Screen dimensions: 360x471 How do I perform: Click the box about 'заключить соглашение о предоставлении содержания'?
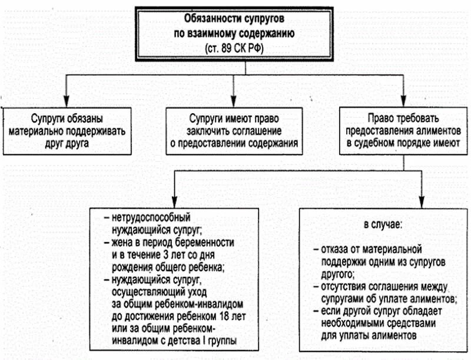coord(235,130)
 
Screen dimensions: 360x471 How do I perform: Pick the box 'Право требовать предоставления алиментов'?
coord(402,130)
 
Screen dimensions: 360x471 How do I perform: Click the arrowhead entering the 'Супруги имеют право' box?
coord(235,102)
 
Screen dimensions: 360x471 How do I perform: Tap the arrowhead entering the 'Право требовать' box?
coord(402,102)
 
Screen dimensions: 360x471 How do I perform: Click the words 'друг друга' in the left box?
coord(67,142)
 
